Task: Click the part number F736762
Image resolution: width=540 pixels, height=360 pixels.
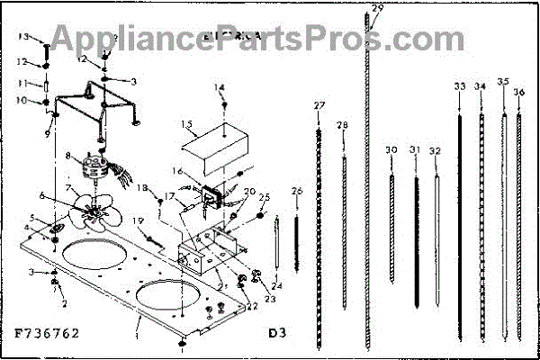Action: pyautogui.click(x=47, y=332)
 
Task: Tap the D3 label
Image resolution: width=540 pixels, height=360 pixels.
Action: pyautogui.click(x=278, y=332)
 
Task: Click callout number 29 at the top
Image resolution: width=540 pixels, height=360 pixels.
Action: pyautogui.click(x=377, y=8)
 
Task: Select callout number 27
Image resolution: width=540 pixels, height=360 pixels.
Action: pyautogui.click(x=319, y=106)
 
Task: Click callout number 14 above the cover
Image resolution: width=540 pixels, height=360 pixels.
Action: pyautogui.click(x=218, y=87)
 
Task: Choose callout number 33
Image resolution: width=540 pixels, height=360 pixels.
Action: pyautogui.click(x=460, y=86)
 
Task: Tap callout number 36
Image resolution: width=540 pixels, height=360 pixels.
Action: pyautogui.click(x=519, y=93)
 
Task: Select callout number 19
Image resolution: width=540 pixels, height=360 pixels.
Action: pyautogui.click(x=137, y=221)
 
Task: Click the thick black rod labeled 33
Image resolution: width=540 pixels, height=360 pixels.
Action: pyautogui.click(x=461, y=207)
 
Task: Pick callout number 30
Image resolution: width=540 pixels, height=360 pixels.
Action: pyautogui.click(x=391, y=149)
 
